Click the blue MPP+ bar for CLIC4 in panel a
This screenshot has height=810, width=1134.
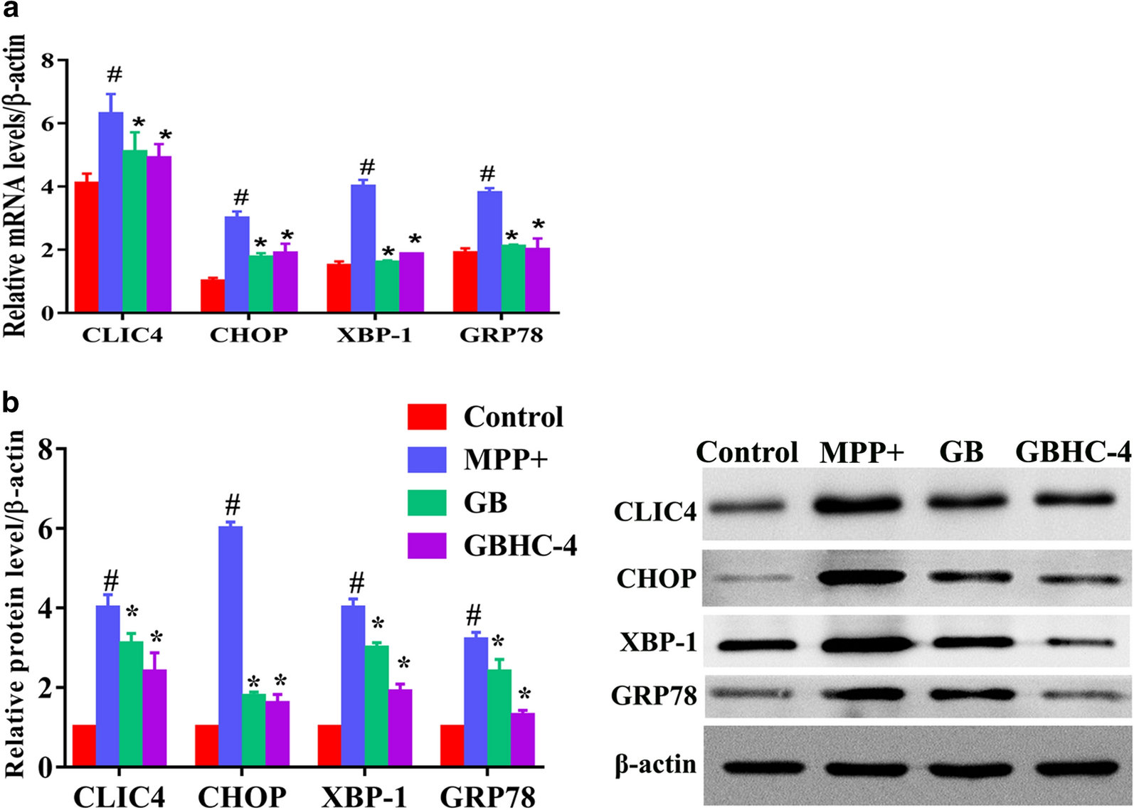tap(110, 213)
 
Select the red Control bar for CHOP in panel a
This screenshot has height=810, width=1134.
tap(213, 296)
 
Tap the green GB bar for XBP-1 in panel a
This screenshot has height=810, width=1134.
tap(387, 287)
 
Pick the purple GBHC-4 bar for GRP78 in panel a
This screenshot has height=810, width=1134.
tap(537, 280)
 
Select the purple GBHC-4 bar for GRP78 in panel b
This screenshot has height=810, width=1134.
tap(522, 740)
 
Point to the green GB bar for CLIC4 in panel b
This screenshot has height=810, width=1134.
tap(131, 704)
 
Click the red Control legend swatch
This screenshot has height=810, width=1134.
tap(427, 417)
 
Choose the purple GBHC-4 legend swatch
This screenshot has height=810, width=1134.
tap(427, 545)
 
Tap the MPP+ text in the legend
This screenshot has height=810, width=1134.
tap(506, 459)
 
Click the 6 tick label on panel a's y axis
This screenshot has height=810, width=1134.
tap(47, 124)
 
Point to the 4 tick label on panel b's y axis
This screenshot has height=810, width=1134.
tap(45, 609)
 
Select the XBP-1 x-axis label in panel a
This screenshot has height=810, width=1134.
tap(374, 335)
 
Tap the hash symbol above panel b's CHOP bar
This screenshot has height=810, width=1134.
tap(232, 506)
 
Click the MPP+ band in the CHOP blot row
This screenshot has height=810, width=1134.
tap(863, 577)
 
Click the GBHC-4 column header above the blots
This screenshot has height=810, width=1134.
tap(1073, 452)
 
